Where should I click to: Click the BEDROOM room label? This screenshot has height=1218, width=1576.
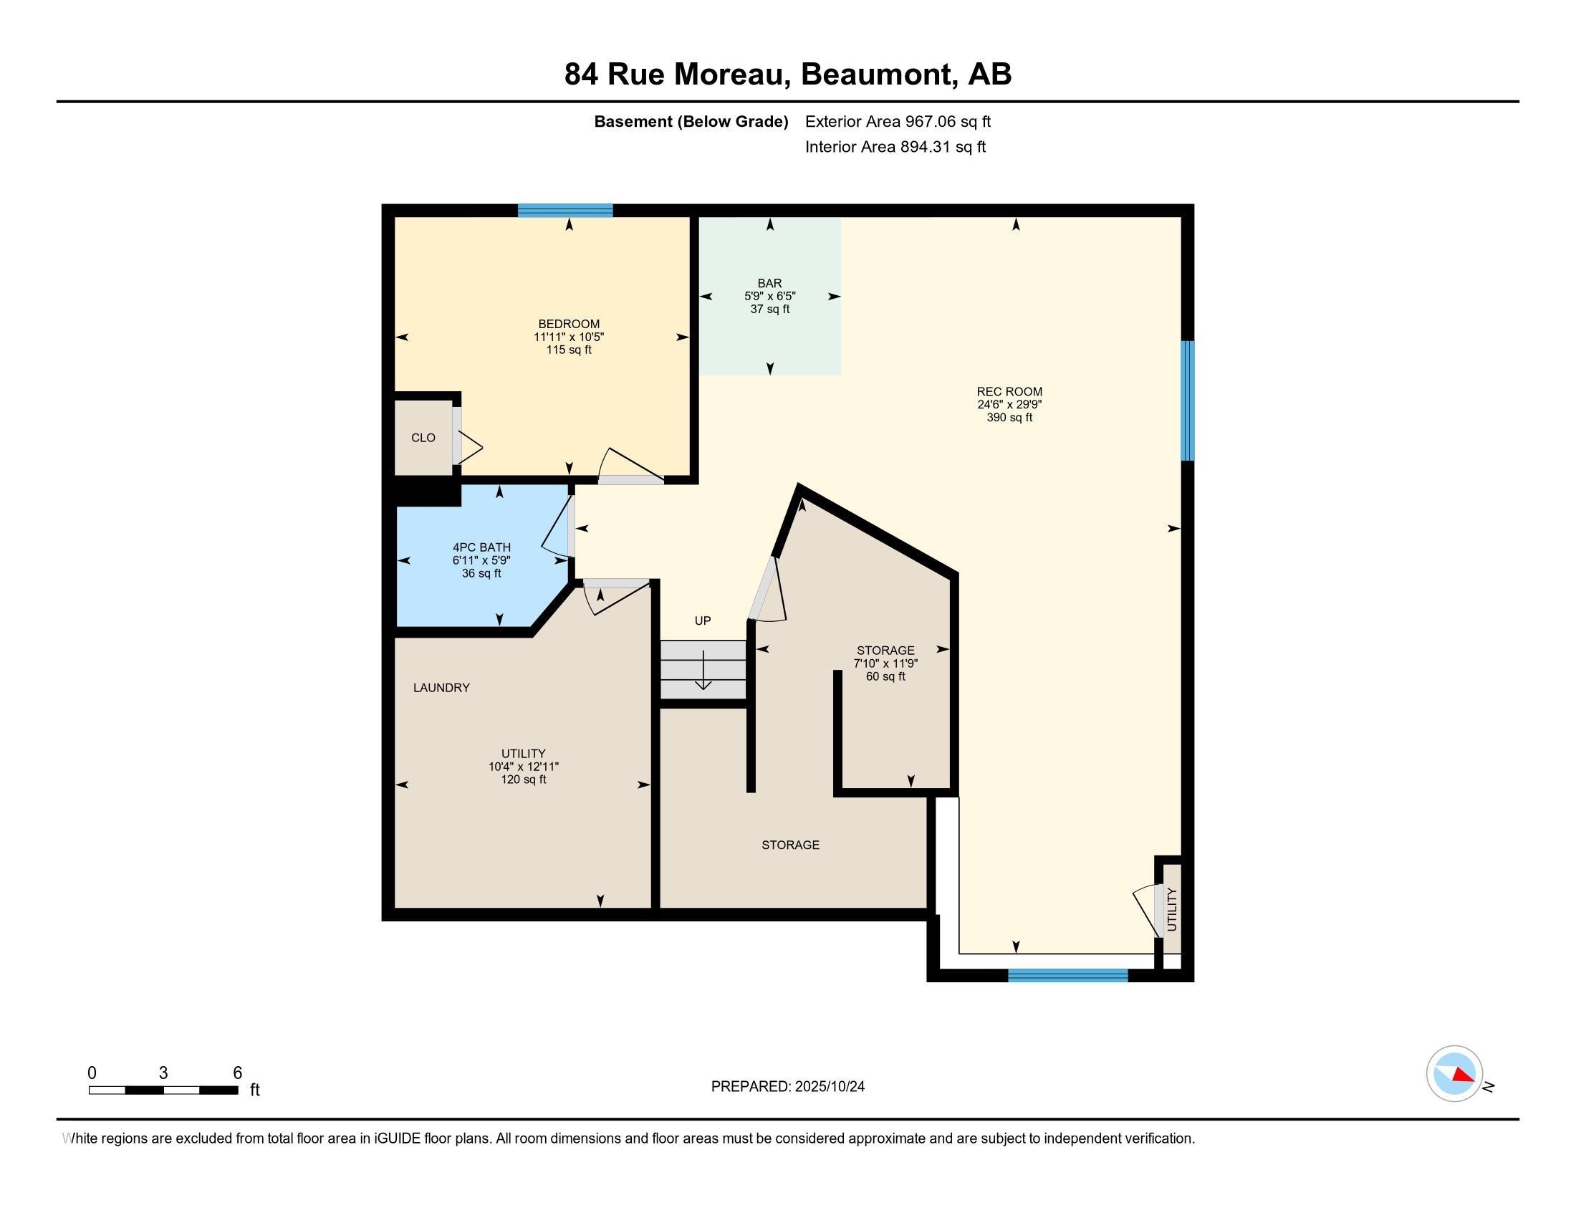tap(569, 324)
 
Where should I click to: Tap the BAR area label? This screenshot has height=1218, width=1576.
tap(769, 284)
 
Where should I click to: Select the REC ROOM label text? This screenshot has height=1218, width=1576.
tap(1009, 392)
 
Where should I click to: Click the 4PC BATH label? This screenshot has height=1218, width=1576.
tap(481, 547)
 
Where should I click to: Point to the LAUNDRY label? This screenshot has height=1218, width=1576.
tap(441, 688)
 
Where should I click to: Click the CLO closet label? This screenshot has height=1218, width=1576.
tap(423, 438)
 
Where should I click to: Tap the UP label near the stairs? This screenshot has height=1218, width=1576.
tap(702, 620)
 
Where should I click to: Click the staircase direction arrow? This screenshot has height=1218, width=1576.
tap(702, 670)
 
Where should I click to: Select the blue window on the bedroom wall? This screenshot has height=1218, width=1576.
tap(565, 211)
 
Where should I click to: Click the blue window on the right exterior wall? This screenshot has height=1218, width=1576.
tap(1187, 401)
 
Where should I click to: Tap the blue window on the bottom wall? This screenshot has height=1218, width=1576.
tap(1067, 976)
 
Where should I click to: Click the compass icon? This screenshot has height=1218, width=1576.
tap(1454, 1074)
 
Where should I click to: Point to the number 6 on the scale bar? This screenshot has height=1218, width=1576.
tap(237, 1073)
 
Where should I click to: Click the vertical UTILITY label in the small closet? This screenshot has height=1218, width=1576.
tap(1171, 909)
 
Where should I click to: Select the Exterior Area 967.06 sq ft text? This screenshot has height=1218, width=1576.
tap(898, 122)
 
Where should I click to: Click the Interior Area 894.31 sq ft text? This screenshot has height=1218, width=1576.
tap(895, 147)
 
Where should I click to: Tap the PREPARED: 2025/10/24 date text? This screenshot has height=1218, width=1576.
tap(787, 1087)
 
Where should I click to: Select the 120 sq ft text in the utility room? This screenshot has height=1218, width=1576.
tap(523, 780)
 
